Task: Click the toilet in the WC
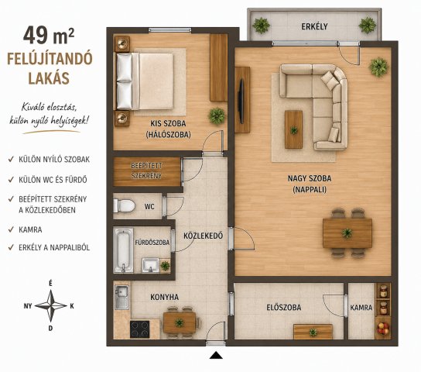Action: click(124, 206)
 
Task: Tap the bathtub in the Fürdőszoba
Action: click(124, 250)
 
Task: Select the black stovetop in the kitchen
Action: click(139, 329)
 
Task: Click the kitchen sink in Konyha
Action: click(122, 297)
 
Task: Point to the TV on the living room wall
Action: click(241, 101)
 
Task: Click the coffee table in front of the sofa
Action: click(293, 129)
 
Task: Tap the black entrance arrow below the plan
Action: click(216, 356)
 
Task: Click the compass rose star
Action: click(51, 305)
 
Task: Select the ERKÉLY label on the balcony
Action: click(314, 26)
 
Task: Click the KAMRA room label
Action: click(361, 308)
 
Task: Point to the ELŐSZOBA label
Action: click(284, 307)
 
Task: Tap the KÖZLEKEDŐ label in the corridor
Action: click(204, 236)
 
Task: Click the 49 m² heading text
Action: click(49, 36)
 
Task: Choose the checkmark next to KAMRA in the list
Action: click(11, 229)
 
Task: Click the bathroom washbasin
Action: click(151, 265)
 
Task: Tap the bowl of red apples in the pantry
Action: click(383, 328)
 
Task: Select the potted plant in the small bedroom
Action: click(217, 116)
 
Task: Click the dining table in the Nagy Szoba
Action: click(347, 233)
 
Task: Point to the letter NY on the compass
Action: click(28, 306)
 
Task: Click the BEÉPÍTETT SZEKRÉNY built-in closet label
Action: click(146, 170)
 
